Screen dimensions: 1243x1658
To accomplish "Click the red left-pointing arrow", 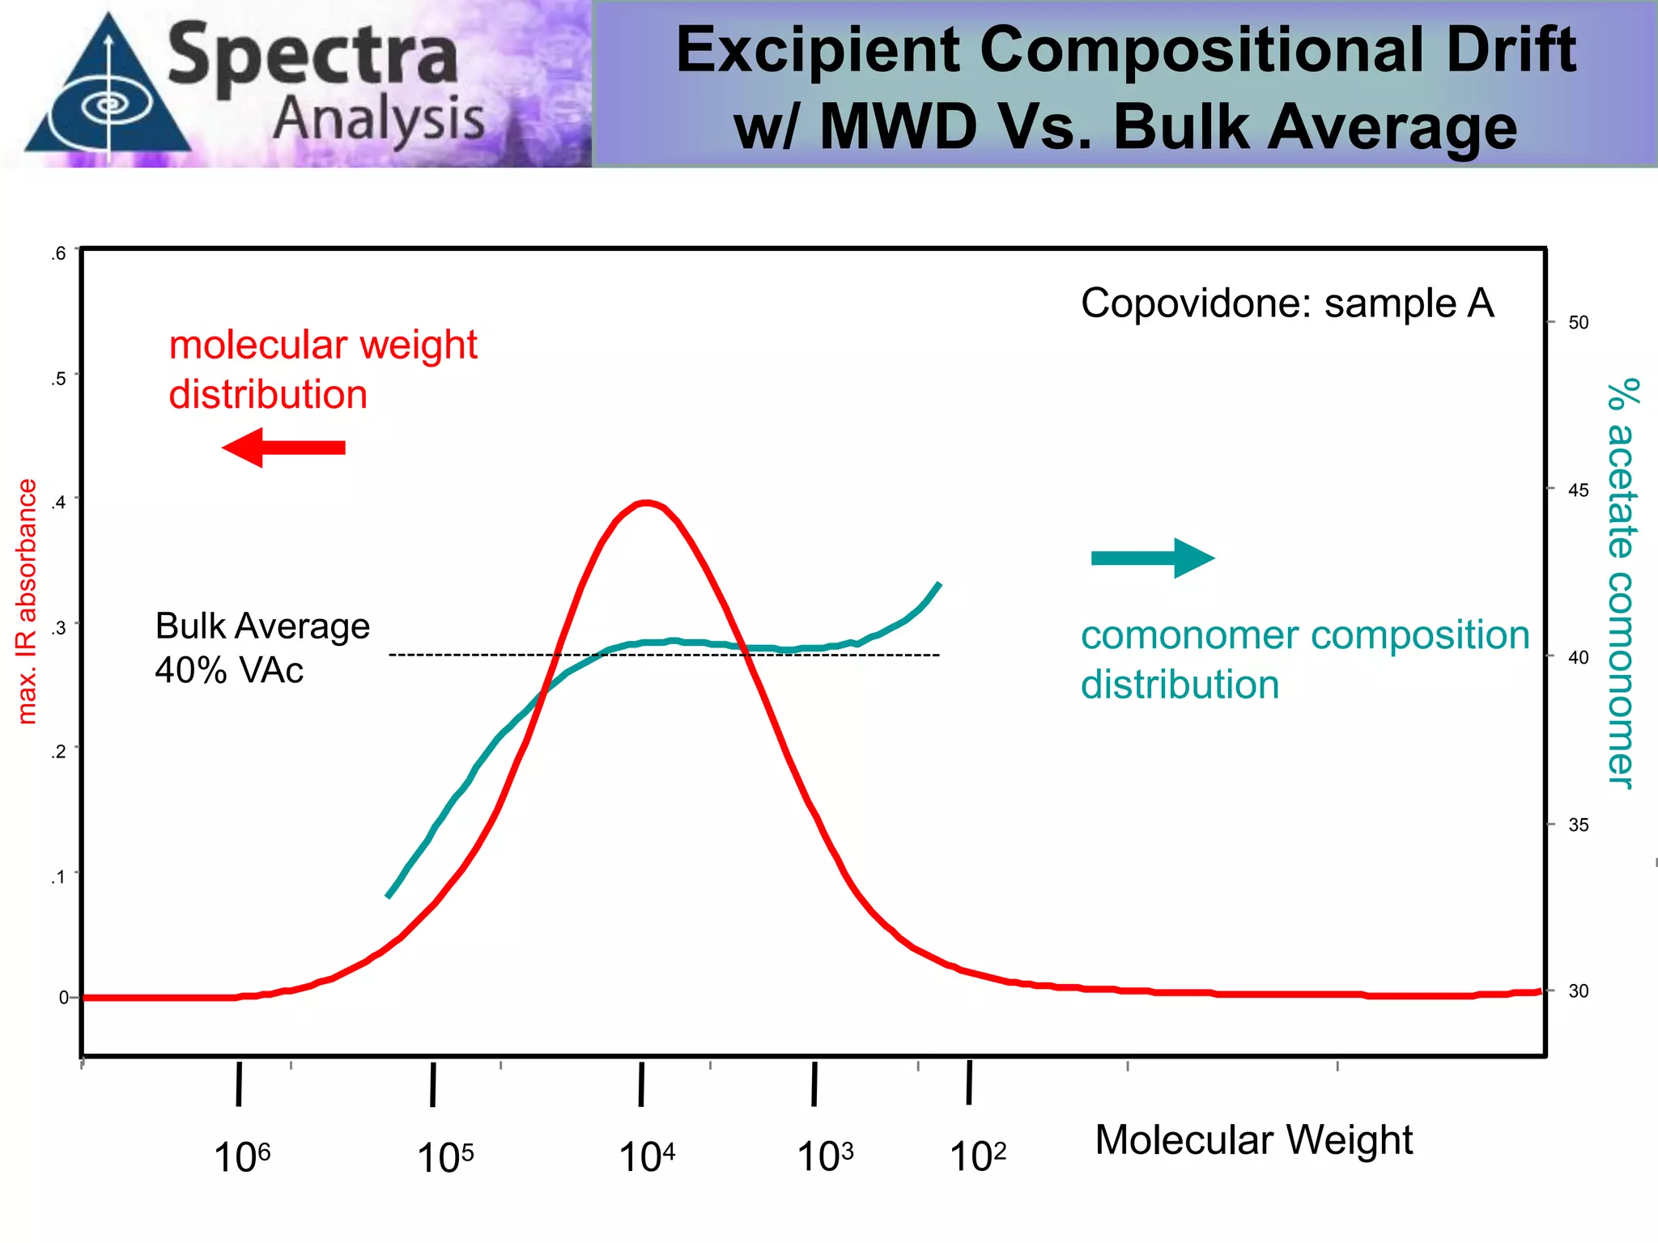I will (283, 448).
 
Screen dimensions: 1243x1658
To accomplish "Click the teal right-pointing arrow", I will (1153, 558).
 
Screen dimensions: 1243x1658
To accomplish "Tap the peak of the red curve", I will (646, 503).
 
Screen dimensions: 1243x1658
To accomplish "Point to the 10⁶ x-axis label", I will (241, 1156).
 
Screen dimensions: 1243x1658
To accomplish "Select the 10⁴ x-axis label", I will (646, 1156).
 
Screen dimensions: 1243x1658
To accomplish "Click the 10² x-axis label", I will (977, 1156).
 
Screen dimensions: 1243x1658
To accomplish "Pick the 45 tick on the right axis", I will (1577, 490).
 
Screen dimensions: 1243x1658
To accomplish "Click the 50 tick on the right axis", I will (1577, 322).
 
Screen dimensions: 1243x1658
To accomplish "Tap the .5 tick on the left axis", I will (58, 378).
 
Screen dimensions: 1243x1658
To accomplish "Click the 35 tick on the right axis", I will (1577, 825).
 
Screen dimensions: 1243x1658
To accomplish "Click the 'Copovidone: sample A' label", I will (1286, 303).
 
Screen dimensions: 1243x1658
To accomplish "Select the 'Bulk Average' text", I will (262, 626).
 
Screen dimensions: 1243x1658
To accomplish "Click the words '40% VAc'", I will (229, 670).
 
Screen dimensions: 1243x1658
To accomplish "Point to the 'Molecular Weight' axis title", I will (1253, 1139).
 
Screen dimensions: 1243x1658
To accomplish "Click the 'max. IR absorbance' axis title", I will (27, 600).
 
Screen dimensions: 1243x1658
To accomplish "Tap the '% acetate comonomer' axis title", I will (1622, 583).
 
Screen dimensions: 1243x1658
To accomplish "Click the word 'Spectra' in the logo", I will (312, 55).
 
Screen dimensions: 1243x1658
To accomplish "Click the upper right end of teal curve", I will (938, 584).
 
